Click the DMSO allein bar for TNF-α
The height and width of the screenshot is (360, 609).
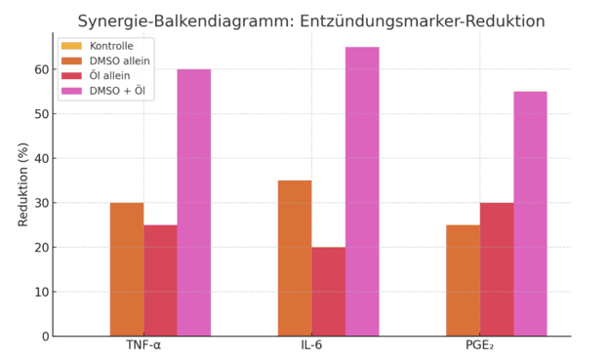click(x=127, y=269)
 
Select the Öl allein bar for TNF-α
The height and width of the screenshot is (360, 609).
click(x=160, y=280)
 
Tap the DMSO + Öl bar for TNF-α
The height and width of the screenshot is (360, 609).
click(x=193, y=203)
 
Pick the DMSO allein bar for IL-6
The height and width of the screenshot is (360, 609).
click(x=295, y=259)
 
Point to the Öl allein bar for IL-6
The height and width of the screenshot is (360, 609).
click(x=328, y=292)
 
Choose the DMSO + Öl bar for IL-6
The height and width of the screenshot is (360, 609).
click(x=362, y=191)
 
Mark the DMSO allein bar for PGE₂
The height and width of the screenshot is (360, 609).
click(x=463, y=280)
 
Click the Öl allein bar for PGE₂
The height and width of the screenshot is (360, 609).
click(x=497, y=269)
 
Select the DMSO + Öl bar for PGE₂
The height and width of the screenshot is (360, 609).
click(x=530, y=214)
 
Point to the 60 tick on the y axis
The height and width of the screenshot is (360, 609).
click(x=42, y=69)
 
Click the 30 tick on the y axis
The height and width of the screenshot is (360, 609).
click(x=42, y=203)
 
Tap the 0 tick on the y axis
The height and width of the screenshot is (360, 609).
click(x=45, y=337)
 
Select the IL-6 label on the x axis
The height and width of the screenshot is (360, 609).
click(x=311, y=346)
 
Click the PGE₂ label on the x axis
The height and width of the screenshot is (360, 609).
click(x=479, y=346)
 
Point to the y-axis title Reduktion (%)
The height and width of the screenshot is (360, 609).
click(x=23, y=184)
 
